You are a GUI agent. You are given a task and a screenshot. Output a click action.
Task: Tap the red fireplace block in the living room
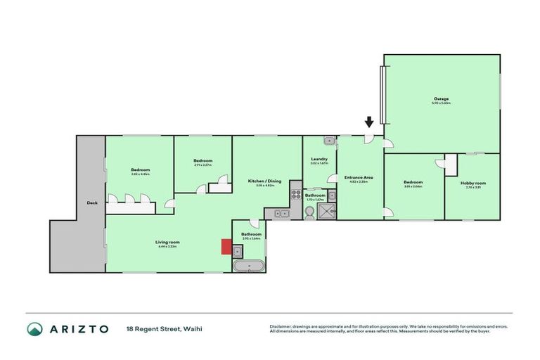pyautogui.click(x=226, y=246)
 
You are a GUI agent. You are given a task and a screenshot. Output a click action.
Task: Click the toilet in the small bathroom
pyautogui.click(x=310, y=212)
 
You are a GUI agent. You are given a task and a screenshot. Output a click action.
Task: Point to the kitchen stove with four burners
pyautogui.click(x=296, y=190)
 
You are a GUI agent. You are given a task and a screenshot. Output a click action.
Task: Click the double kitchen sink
pyautogui.click(x=281, y=212)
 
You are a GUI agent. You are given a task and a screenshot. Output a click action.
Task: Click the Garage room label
pyautogui.click(x=441, y=98)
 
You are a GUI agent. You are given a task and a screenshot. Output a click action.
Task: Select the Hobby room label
pyautogui.click(x=475, y=183)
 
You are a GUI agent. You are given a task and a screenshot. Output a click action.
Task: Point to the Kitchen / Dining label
pyautogui.click(x=264, y=181)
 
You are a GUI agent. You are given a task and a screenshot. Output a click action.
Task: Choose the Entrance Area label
pyautogui.click(x=360, y=177)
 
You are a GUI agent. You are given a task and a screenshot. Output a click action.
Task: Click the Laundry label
pyautogui.click(x=319, y=159)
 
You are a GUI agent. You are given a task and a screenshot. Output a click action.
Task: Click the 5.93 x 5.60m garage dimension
pyautogui.click(x=441, y=103)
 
